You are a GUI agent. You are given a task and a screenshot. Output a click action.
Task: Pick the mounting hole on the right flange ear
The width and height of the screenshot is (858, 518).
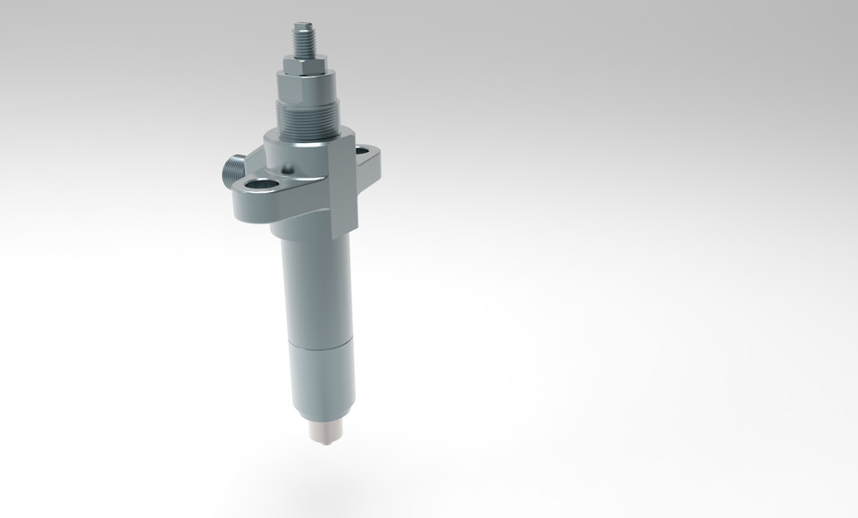[x=366, y=153]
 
